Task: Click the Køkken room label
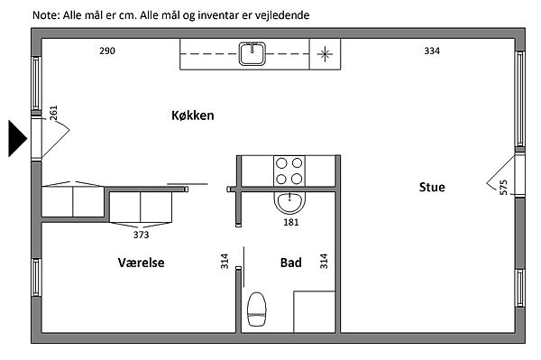tap(193, 115)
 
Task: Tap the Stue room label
tap(432, 187)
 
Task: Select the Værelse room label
tap(141, 263)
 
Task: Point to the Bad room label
tap(291, 263)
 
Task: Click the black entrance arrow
tap(18, 138)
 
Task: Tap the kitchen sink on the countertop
tap(252, 53)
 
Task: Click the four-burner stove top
tap(289, 171)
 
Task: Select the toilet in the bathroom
tap(257, 309)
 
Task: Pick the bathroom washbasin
tap(289, 203)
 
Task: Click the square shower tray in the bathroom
tap(315, 312)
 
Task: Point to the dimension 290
tap(107, 51)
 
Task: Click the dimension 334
tap(432, 51)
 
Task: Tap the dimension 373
tap(142, 235)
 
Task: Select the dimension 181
tap(291, 222)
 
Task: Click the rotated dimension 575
tap(503, 188)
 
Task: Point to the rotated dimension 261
tap(53, 113)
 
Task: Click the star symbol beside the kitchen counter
tap(325, 54)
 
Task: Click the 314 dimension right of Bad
tap(324, 262)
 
